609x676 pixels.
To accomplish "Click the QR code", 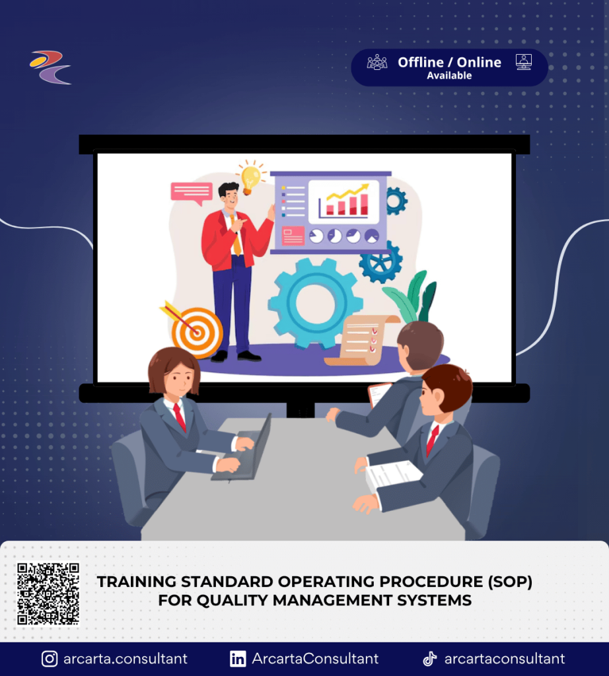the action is click(48, 593).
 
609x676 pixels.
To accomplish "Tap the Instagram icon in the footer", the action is click(50, 659).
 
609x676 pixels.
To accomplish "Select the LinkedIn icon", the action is click(238, 659).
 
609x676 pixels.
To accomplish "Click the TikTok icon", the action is click(429, 659).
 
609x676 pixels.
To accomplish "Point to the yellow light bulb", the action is click(250, 178).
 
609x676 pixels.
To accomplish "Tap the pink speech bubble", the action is click(192, 193).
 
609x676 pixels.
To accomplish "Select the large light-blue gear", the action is click(315, 303).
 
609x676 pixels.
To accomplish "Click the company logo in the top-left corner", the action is click(50, 67).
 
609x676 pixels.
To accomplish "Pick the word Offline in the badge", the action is click(421, 63).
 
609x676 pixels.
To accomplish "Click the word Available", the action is click(449, 75).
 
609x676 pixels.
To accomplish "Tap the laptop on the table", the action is click(245, 450).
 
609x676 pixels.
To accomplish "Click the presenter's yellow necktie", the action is click(236, 235).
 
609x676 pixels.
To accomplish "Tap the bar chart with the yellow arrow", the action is click(343, 201).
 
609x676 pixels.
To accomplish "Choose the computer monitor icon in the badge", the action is click(524, 62).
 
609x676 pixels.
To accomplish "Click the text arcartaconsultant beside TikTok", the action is click(505, 659).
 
